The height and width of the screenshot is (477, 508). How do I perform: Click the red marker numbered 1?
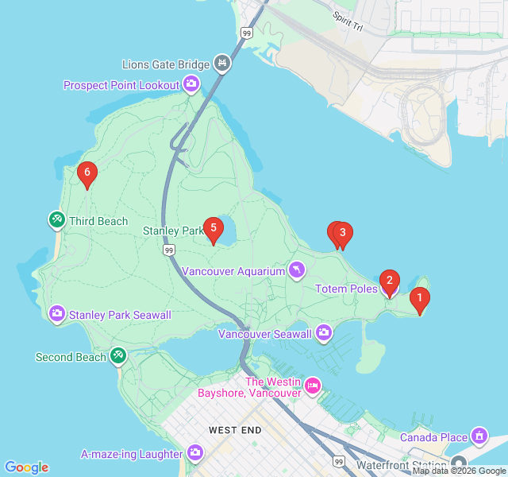point(419,299)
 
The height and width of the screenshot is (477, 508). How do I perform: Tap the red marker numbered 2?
point(389,281)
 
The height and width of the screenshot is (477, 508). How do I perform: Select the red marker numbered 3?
point(342,233)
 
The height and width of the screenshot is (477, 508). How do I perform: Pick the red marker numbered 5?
point(213,228)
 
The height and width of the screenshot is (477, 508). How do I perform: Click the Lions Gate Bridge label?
point(166,64)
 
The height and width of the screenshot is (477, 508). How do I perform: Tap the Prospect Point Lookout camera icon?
point(191,83)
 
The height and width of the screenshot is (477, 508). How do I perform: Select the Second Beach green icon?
point(118,355)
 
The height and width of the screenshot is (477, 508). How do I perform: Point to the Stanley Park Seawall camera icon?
point(57,314)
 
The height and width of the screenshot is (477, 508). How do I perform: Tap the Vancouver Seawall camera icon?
point(324,332)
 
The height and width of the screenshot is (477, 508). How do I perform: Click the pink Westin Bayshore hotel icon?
point(313,386)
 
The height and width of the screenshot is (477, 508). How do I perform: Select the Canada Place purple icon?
point(479,436)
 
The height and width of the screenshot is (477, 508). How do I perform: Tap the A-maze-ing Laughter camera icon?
point(195,454)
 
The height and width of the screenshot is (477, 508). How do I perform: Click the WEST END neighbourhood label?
point(235,430)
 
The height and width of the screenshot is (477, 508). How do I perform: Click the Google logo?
point(26,467)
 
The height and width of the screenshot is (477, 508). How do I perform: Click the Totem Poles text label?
point(347,289)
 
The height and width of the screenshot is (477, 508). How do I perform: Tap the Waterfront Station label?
point(401,464)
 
